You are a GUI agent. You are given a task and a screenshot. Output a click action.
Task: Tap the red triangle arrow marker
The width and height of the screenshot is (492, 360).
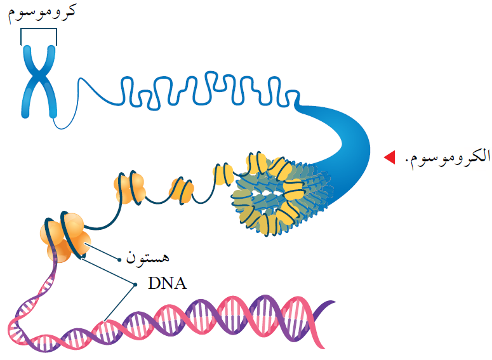click(389, 156)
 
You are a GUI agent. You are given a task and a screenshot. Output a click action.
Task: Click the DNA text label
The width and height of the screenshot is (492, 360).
click(167, 283)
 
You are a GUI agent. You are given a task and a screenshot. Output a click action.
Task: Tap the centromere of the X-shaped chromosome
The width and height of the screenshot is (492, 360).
click(39, 79)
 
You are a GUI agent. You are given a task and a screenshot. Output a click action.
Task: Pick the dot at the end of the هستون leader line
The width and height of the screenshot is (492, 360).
click(119, 258)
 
